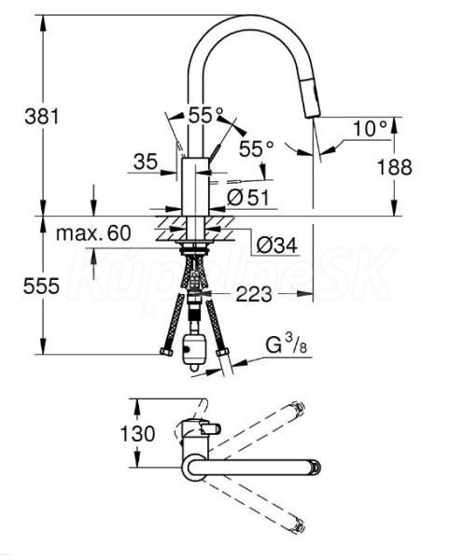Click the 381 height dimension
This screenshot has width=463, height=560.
point(41,117)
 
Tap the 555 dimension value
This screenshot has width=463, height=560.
point(41,287)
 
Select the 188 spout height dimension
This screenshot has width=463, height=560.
point(395,167)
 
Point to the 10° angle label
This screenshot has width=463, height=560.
point(370,128)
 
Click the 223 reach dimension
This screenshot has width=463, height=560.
point(254,295)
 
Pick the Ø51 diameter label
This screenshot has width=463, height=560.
point(248,197)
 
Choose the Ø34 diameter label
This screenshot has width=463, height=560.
point(277,245)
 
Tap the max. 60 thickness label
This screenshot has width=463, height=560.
point(93,233)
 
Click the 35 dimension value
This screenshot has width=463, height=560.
point(146,161)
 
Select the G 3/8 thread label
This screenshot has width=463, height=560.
point(287,345)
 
